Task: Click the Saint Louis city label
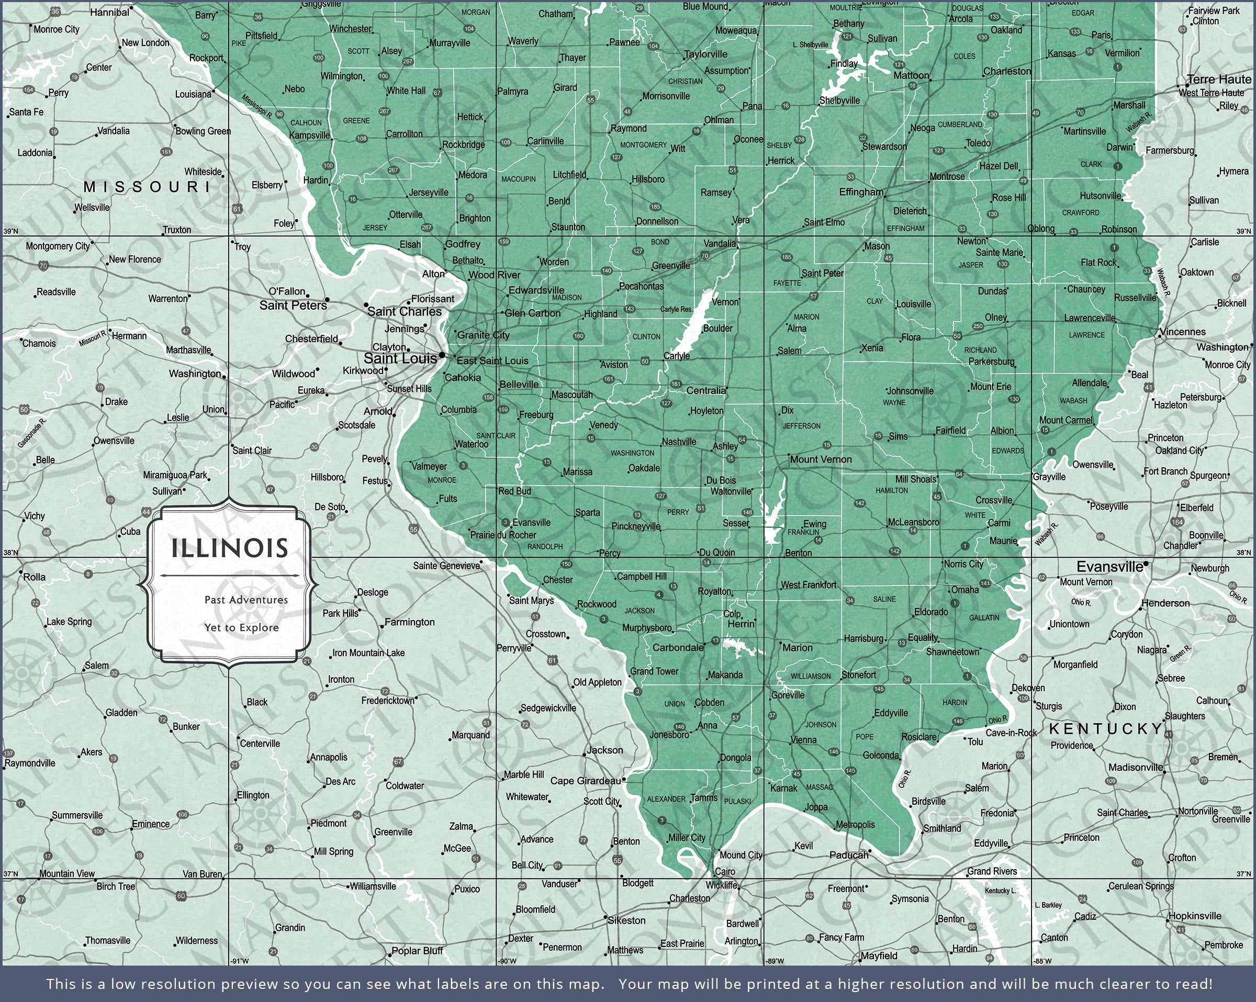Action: coord(400,358)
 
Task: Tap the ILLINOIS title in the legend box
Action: coord(230,548)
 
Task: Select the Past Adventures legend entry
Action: coord(246,600)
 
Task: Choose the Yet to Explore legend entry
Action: coord(241,627)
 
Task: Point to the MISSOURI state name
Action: coord(147,186)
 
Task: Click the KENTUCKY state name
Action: coord(1106,729)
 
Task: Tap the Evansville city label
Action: coord(1109,566)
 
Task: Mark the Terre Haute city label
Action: coord(1219,79)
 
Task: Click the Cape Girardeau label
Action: coord(586,781)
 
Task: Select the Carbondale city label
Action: coord(678,647)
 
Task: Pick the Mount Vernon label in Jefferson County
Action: coord(820,459)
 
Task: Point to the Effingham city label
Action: coord(860,192)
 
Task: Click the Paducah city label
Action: coord(848,854)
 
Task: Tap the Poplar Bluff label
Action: coord(417,951)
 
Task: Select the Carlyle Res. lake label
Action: coord(676,309)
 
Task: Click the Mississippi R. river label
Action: coord(257,106)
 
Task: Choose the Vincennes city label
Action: coord(1182,332)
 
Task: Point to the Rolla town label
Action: coord(34,577)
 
